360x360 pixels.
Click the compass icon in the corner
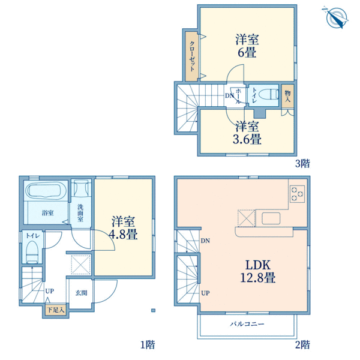[x=336, y=17]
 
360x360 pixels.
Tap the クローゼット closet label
[x=192, y=56]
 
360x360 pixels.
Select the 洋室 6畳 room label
[x=247, y=46]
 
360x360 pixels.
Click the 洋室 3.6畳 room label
[x=247, y=133]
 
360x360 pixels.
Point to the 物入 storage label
[x=287, y=96]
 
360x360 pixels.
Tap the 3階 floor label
[x=302, y=163]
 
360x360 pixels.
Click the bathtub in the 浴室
[x=46, y=190]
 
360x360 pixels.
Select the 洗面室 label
[x=80, y=213]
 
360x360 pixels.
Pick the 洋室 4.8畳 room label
[x=123, y=228]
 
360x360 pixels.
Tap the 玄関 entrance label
[x=82, y=293]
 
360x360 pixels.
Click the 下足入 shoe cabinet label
[x=56, y=310]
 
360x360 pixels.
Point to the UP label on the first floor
[x=50, y=291]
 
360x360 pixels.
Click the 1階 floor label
[x=148, y=345]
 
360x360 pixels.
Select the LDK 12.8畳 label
[x=258, y=271]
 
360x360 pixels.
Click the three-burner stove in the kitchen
[x=297, y=194]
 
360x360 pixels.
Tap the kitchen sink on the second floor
[x=271, y=218]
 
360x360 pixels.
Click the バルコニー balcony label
[x=247, y=324]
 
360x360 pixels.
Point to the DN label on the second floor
[x=205, y=241]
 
